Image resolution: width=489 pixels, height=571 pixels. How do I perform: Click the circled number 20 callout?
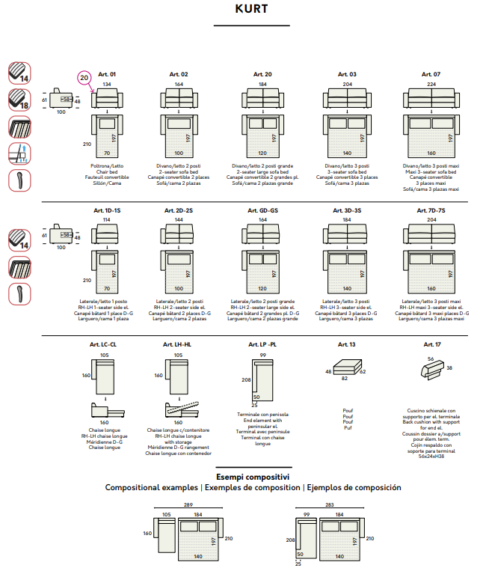(x=84, y=77)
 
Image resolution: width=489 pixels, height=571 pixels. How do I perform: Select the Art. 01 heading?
(x=107, y=75)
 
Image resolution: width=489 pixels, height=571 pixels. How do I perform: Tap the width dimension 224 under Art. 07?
(x=431, y=85)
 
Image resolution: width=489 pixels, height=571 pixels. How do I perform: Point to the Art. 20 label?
(x=262, y=75)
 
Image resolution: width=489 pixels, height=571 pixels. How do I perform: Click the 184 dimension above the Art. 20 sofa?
(x=262, y=85)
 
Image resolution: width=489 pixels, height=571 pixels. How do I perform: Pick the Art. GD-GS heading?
(x=263, y=211)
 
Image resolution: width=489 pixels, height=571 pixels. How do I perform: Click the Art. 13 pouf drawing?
(x=347, y=367)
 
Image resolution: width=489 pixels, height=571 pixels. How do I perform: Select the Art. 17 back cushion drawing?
(x=430, y=367)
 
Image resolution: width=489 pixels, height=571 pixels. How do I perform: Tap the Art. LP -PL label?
(x=263, y=344)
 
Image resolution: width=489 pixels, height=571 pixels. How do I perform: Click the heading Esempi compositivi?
(x=253, y=477)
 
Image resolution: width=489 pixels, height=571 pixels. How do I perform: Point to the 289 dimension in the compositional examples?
(x=189, y=506)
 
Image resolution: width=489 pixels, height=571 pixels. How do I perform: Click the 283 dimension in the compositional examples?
(x=330, y=506)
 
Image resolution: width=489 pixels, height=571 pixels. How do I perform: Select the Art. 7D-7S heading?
(x=431, y=211)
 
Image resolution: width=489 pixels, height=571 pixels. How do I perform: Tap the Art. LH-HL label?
(x=178, y=344)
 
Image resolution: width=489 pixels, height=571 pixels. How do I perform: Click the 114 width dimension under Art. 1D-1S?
(x=107, y=221)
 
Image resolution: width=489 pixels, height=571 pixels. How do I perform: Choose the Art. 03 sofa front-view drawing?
(x=347, y=100)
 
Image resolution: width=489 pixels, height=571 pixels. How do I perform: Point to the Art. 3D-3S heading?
(x=348, y=211)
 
